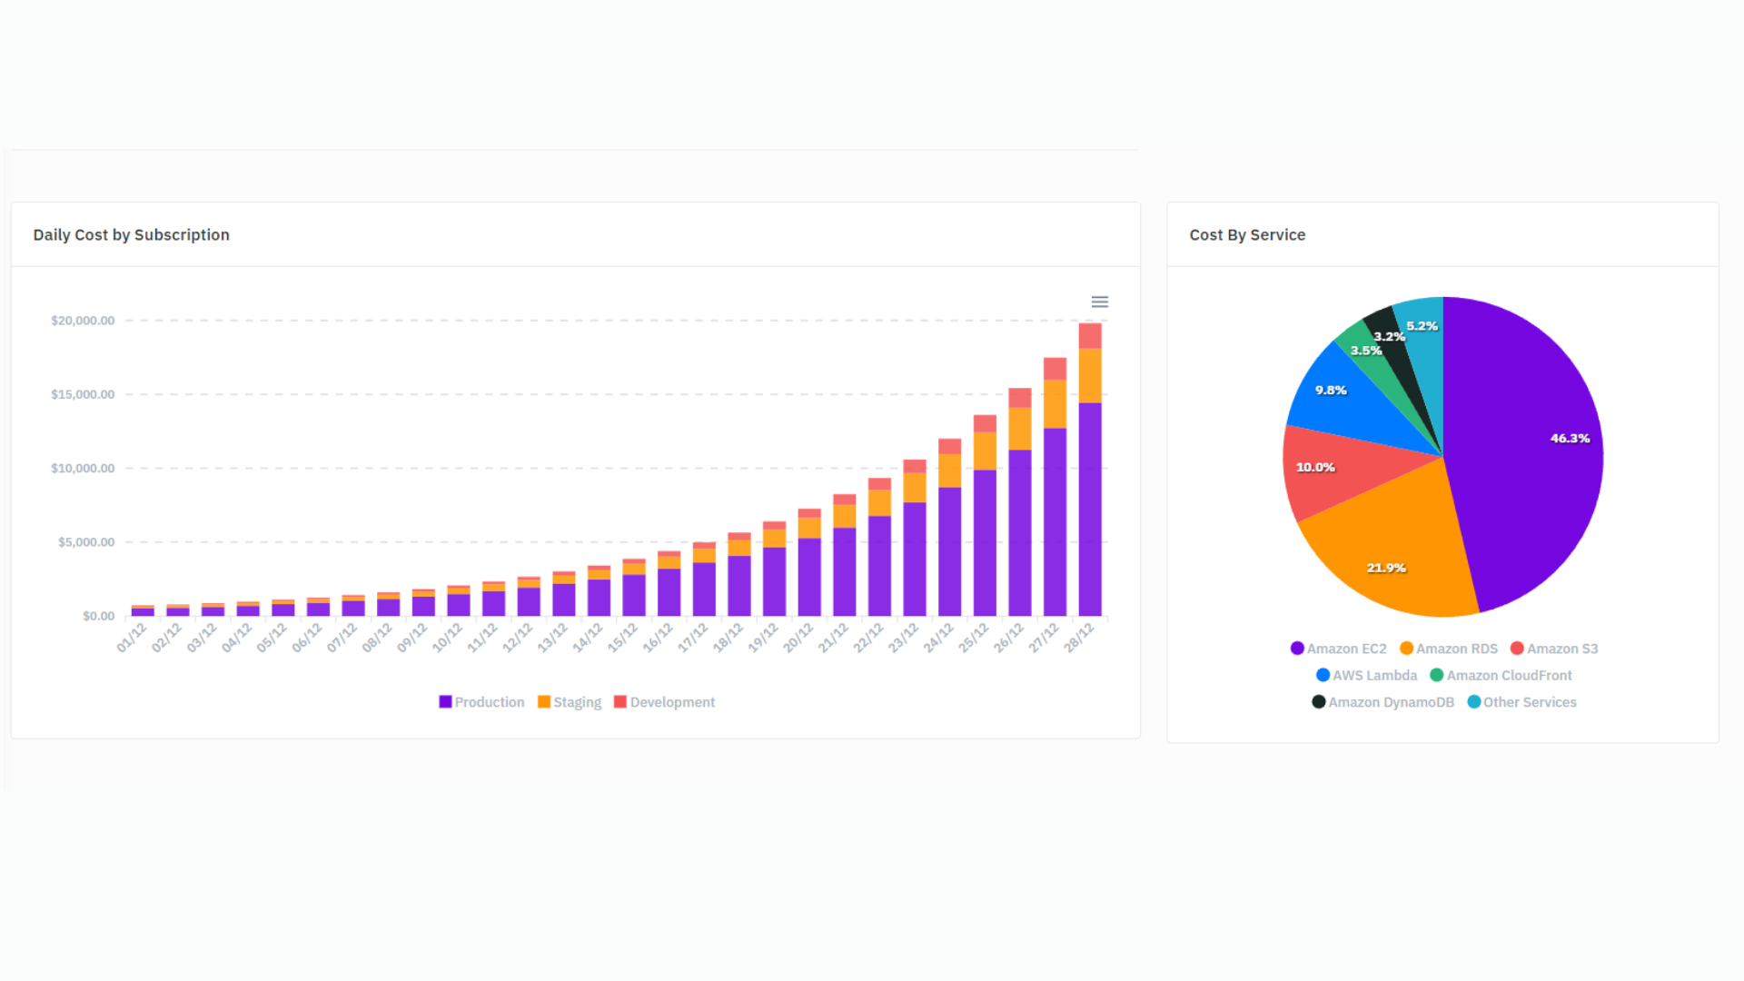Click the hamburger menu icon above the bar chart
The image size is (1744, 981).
[x=1099, y=302]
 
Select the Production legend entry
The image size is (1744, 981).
[x=481, y=702]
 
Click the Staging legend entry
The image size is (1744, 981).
[x=570, y=702]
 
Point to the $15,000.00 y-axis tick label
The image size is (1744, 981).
[x=83, y=394]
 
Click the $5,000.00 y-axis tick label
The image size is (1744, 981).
[x=86, y=542]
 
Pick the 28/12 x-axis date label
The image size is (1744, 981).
[x=1079, y=638]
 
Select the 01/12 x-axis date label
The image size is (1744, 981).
[x=132, y=638]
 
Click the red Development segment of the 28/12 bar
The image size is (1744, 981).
[x=1090, y=335]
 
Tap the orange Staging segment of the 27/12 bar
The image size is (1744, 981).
[x=1055, y=403]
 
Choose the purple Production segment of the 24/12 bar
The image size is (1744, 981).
[x=949, y=550]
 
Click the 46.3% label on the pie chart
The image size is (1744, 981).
[x=1570, y=439]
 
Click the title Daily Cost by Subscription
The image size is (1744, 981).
[x=132, y=235]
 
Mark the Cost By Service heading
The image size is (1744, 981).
[x=1247, y=235]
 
